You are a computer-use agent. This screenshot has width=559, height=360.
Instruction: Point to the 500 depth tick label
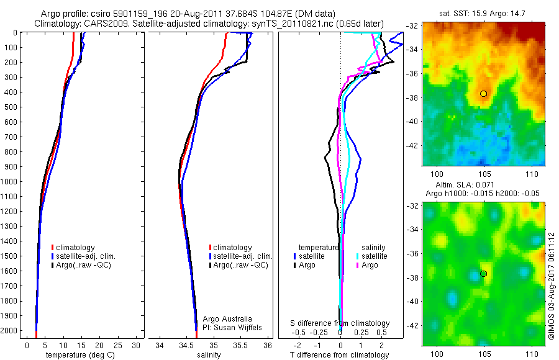[9, 107]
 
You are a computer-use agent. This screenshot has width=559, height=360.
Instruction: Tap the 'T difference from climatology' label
[339, 355]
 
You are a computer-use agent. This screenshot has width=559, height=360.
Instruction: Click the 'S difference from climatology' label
[340, 323]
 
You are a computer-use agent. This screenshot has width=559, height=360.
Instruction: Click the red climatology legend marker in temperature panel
[52, 248]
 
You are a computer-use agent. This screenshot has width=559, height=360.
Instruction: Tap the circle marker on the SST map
[483, 93]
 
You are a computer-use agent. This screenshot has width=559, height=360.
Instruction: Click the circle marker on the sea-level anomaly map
[483, 274]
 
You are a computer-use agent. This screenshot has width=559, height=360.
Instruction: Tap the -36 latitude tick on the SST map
[412, 73]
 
